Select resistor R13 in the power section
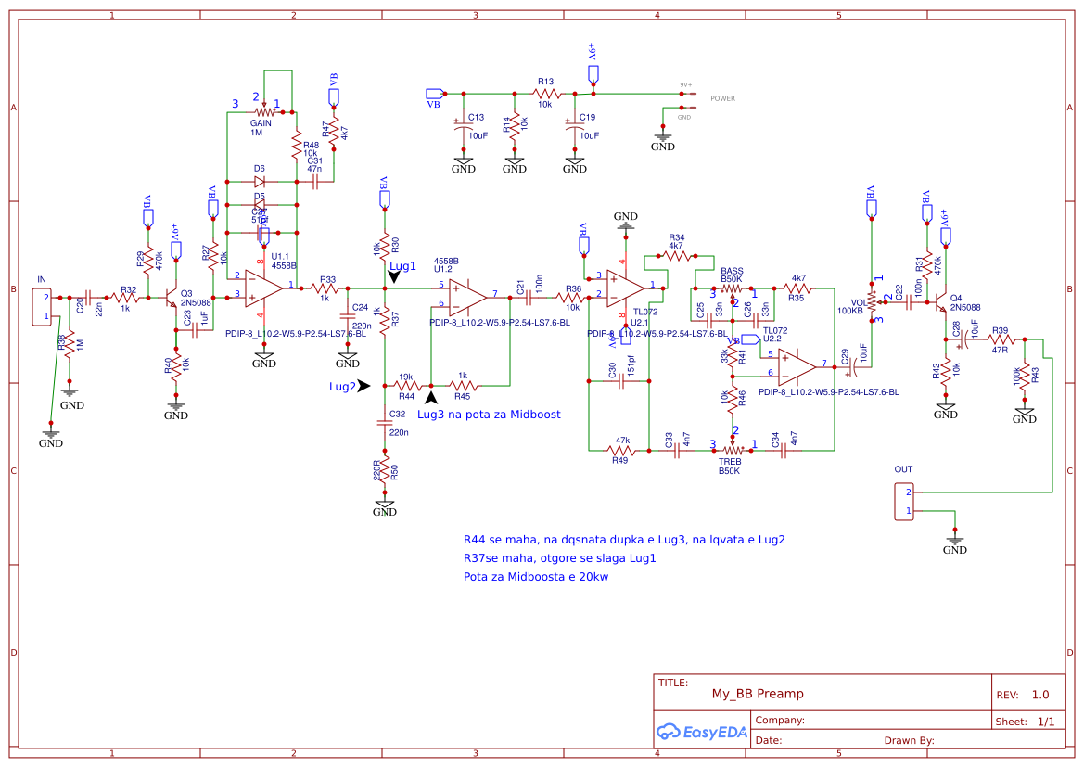point(546,94)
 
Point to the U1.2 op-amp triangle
point(467,296)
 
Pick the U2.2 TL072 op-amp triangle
point(797,365)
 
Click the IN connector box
point(42,307)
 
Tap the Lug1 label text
point(402,266)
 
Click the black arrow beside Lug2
point(363,386)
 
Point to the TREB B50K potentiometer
point(732,449)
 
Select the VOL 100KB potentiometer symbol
point(872,298)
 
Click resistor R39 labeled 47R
point(1000,340)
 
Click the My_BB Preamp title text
point(757,694)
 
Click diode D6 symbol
point(260,182)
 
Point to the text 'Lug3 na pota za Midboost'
point(489,415)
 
